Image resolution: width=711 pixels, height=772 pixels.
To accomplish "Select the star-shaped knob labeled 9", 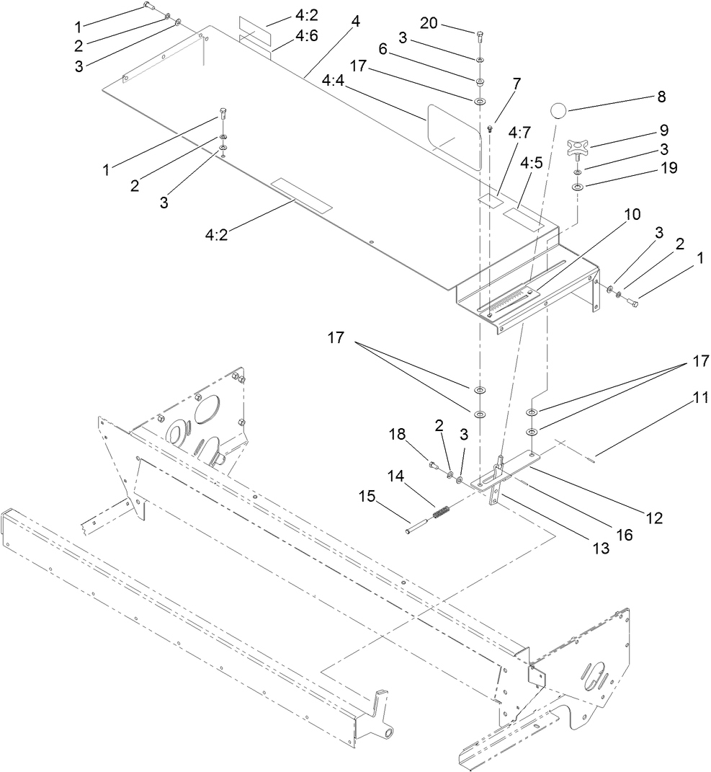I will coord(576,148).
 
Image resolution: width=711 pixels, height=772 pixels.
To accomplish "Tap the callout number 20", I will coord(429,23).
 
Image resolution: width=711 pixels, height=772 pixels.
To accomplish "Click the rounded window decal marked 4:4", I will coord(454,136).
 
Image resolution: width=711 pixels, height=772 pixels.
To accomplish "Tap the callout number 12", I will coord(653,517).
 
